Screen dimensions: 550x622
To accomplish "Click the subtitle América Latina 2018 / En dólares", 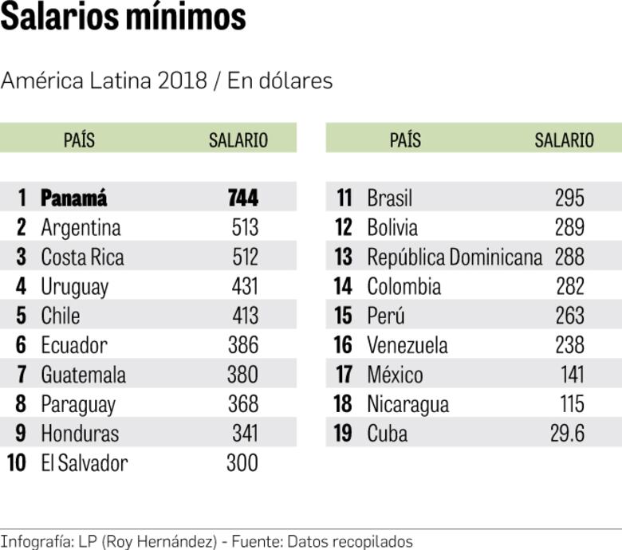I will [x=167, y=81].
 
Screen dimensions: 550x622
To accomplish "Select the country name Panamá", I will [x=74, y=198].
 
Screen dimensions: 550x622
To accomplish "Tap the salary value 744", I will [x=243, y=198].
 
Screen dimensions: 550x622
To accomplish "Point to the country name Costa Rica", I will [x=82, y=257].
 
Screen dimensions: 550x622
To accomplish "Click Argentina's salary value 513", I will [x=245, y=227].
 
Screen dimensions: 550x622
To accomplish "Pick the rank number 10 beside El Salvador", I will [x=17, y=463].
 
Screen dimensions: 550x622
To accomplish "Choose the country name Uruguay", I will [x=74, y=286].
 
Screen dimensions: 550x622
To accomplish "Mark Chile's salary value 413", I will [x=245, y=316].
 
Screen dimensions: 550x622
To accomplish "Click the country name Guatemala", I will [x=83, y=375].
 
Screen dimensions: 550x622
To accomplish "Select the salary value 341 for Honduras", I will [x=245, y=434].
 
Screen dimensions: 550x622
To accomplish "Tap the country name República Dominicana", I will [x=455, y=257].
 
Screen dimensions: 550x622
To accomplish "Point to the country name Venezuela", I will [x=407, y=345].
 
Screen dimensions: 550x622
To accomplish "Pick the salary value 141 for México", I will [x=572, y=375].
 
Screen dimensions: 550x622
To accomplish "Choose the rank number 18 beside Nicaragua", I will [x=343, y=404].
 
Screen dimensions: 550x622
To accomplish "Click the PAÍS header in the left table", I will [x=79, y=140].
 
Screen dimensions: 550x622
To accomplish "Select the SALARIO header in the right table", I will [x=564, y=140].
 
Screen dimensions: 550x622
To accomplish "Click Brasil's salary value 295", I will [x=569, y=198].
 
